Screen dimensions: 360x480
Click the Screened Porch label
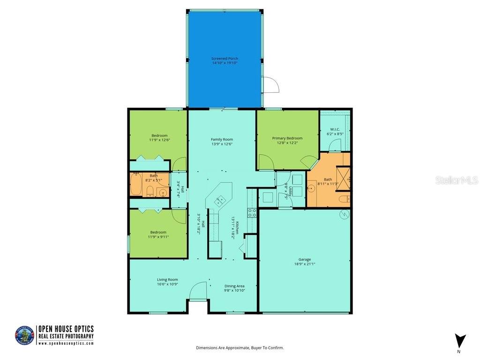pos(224,58)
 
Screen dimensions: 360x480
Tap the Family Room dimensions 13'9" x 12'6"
pos(222,144)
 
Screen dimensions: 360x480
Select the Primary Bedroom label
pos(287,138)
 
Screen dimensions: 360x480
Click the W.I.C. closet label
pos(335,129)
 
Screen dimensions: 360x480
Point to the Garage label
pos(305,259)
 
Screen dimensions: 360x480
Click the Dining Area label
pos(234,286)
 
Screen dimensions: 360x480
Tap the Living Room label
pos(167,280)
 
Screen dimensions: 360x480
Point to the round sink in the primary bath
pos(312,188)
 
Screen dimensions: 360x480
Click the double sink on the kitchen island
pos(219,201)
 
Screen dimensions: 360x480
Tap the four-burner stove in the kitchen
pos(252,212)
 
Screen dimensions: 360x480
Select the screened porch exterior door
pos(271,84)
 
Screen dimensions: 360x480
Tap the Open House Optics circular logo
pos(25,336)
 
